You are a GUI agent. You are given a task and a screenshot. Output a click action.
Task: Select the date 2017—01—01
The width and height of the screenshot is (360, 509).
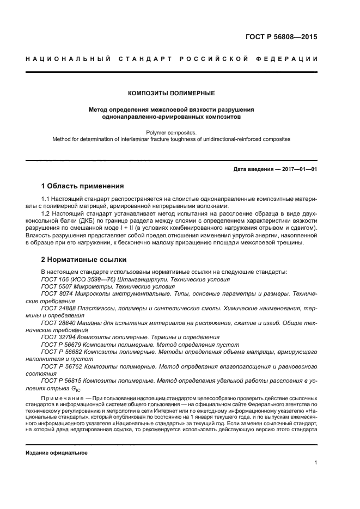[299, 169]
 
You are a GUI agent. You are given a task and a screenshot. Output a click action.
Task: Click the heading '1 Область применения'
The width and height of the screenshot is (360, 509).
[82, 186]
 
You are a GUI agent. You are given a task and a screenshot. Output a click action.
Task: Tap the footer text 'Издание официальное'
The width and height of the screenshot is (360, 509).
[57, 452]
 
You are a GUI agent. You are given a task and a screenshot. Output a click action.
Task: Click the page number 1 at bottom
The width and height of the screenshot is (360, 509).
[315, 463]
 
